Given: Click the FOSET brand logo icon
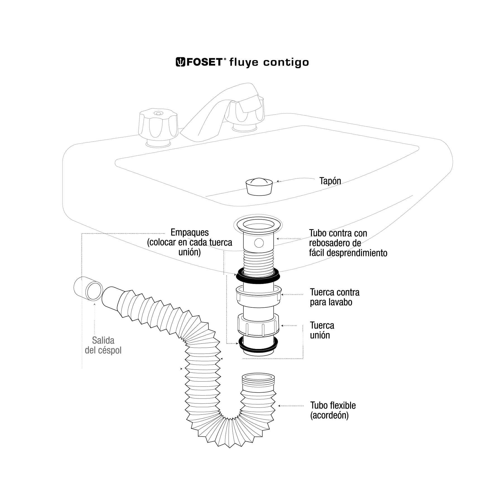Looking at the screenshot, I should tap(180, 62).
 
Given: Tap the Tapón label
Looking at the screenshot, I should tap(330, 181).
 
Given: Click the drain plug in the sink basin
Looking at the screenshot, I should tap(259, 186).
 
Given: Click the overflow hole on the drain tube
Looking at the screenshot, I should tap(259, 243).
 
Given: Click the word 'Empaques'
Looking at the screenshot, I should tap(189, 232).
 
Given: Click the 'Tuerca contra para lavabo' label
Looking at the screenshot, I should tap(334, 297).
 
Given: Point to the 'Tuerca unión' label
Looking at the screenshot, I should tap(322, 330).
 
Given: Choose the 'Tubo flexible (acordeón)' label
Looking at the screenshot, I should tap(333, 410).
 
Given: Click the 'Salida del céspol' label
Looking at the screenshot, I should tap(103, 345).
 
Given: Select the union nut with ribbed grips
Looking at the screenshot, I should tap(258, 326).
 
